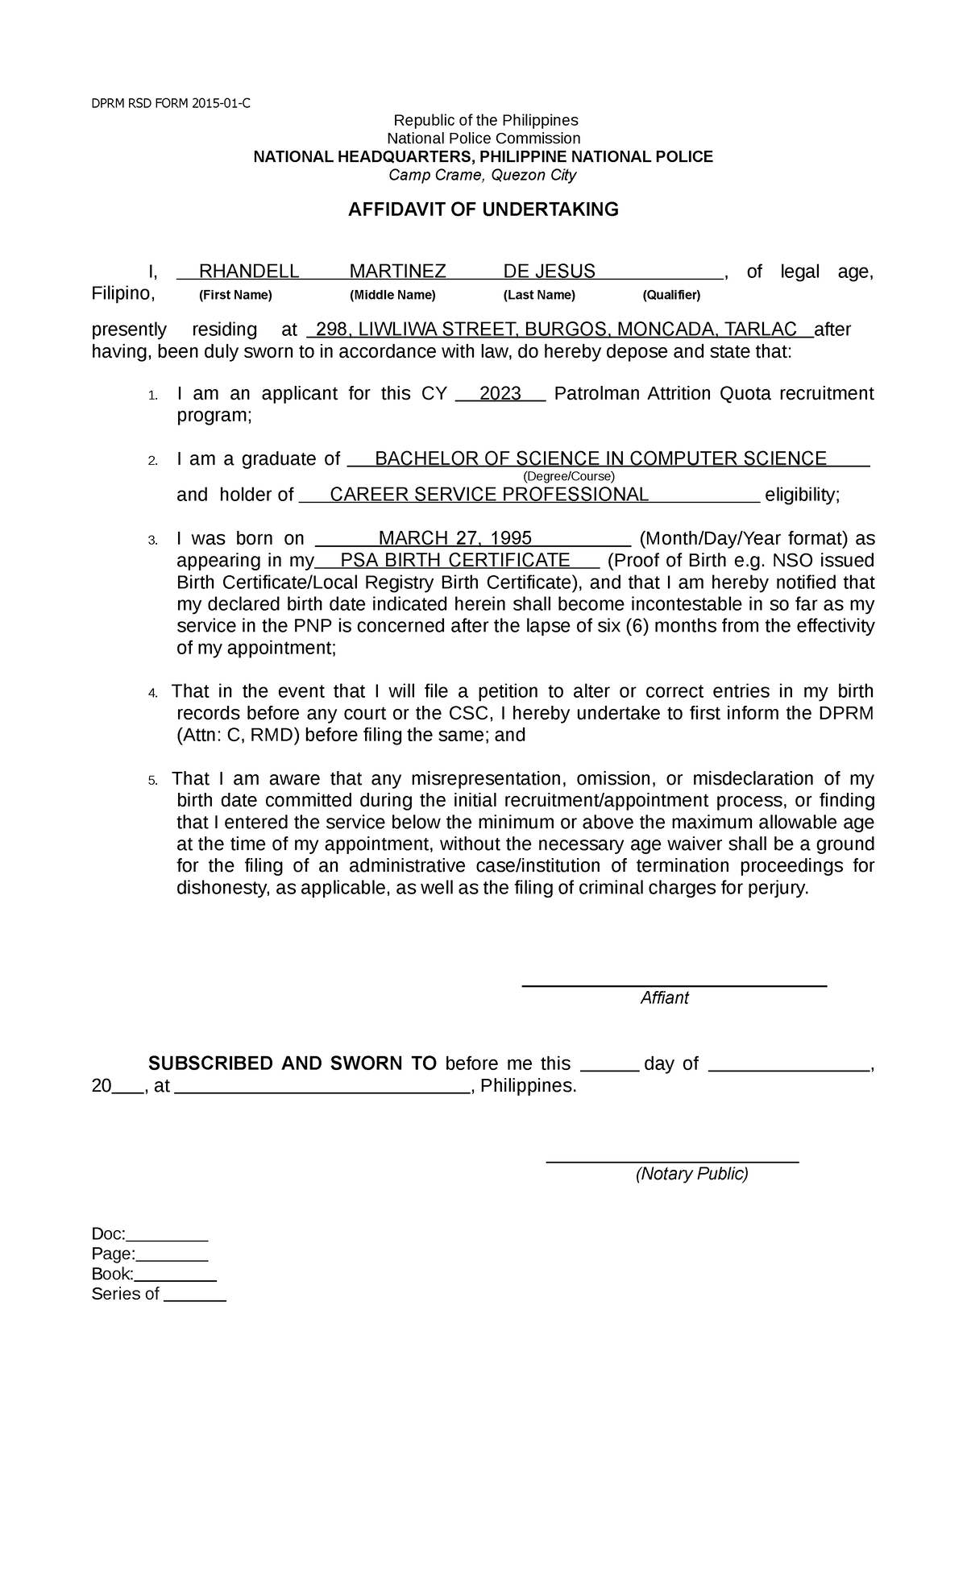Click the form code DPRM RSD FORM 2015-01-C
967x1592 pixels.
(x=171, y=102)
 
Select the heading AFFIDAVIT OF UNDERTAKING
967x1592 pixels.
(x=483, y=210)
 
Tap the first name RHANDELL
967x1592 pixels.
(x=249, y=272)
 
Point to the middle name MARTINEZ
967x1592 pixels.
(x=397, y=272)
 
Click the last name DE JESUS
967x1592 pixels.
(x=549, y=272)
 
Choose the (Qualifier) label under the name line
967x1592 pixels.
(x=671, y=295)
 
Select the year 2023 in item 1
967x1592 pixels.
(x=500, y=394)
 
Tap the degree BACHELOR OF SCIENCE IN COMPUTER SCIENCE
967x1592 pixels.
(x=600, y=459)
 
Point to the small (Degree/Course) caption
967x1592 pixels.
(x=569, y=476)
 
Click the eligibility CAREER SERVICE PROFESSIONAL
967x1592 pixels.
(x=489, y=495)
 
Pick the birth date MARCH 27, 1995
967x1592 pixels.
(x=454, y=539)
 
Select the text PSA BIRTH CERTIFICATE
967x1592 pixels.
(x=455, y=561)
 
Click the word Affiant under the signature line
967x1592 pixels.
(x=664, y=998)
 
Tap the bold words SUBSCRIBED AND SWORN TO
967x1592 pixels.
(x=293, y=1063)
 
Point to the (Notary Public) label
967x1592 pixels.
(x=691, y=1174)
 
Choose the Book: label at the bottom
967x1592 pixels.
(x=112, y=1274)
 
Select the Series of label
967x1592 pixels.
(x=125, y=1294)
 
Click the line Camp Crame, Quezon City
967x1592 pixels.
(x=482, y=176)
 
